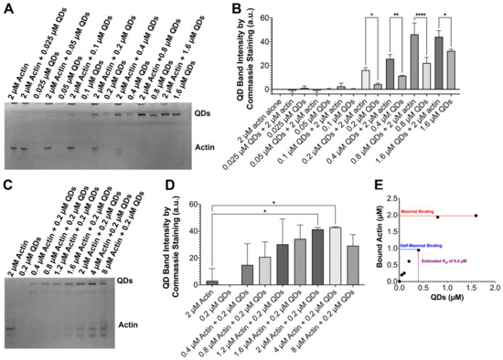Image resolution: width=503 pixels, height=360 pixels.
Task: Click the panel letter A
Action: (x=7, y=7)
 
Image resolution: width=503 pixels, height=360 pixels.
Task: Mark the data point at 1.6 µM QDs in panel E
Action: (x=476, y=216)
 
